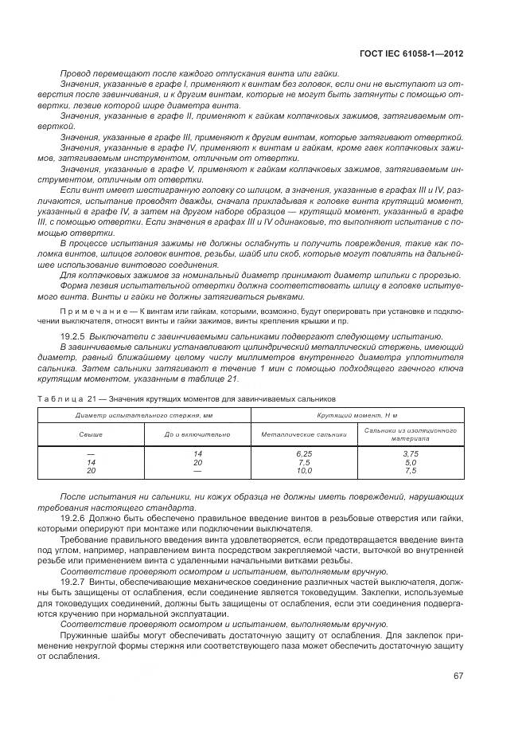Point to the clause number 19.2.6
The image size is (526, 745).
pos(75,519)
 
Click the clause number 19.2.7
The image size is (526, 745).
pos(75,583)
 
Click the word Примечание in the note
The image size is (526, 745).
pos(89,309)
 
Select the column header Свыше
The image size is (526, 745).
pos(90,434)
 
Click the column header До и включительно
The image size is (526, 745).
pos(197,434)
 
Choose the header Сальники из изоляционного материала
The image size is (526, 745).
pos(410,434)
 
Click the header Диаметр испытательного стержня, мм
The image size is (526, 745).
pos(144,415)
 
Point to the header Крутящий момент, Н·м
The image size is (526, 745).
pos(357,415)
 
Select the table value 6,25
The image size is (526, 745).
pos(303,453)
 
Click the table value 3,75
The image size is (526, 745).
pos(410,453)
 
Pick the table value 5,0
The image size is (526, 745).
pos(410,462)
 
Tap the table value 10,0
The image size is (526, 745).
pos(303,471)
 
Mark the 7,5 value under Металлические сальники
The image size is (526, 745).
pos(303,462)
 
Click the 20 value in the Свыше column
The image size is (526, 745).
pos(91,471)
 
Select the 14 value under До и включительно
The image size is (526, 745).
pos(197,453)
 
